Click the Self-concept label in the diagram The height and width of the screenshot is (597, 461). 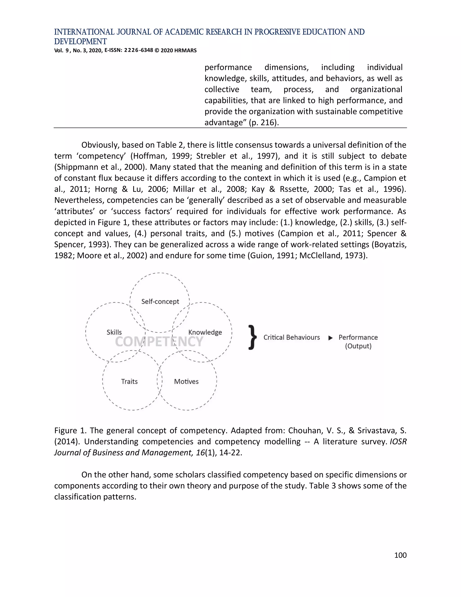pos(160,301)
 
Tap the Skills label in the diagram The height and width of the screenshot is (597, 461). pos(114,332)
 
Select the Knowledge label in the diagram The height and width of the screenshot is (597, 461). pos(205,332)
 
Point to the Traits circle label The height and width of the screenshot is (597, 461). pos(129,381)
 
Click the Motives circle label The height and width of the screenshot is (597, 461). pos(186,381)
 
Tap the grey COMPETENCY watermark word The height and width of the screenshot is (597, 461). pos(159,342)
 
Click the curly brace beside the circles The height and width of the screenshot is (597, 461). pos(253,337)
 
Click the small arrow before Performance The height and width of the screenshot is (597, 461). pos(330,338)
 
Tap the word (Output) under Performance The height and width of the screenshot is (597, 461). pos(358,346)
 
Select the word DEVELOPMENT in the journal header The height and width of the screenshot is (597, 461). pos(80,41)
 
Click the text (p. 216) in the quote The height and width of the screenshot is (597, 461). pos(264,123)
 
